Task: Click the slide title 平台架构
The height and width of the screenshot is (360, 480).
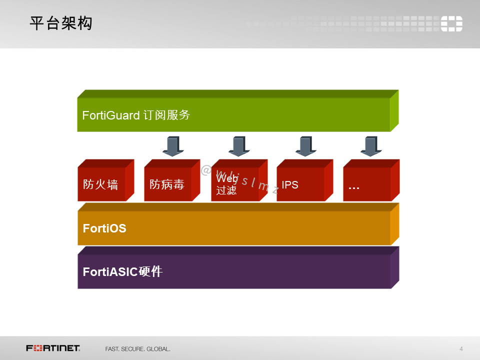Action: tap(61, 23)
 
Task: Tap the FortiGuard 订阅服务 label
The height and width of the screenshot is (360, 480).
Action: tap(136, 115)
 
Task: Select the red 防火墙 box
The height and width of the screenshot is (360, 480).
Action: tap(101, 184)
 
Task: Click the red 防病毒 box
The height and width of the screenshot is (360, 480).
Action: tap(168, 184)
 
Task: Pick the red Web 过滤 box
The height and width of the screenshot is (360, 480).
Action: tap(235, 184)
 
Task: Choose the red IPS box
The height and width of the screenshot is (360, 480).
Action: tap(300, 184)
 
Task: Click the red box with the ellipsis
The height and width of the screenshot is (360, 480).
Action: tap(367, 184)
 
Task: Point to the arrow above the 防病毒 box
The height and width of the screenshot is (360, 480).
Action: tap(173, 145)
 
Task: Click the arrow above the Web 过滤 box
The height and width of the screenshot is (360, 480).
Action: tap(239, 145)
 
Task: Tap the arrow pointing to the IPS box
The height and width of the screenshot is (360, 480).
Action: tap(305, 145)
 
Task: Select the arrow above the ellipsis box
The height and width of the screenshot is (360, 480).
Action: tap(371, 145)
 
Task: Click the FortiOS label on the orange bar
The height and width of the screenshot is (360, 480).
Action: tap(104, 228)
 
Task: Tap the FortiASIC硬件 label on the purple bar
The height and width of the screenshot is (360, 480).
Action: tap(122, 272)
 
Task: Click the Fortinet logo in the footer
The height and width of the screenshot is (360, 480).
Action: tap(53, 348)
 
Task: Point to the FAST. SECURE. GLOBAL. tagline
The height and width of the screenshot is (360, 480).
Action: tap(137, 348)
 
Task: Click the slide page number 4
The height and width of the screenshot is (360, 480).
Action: tap(461, 348)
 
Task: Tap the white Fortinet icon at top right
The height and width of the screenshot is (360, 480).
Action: tap(451, 23)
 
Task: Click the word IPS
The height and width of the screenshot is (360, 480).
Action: tap(290, 185)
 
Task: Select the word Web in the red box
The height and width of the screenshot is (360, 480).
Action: tap(226, 178)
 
